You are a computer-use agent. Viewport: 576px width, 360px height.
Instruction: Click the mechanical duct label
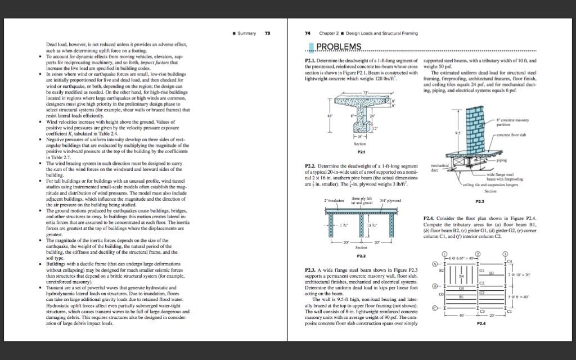pos(431,168)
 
